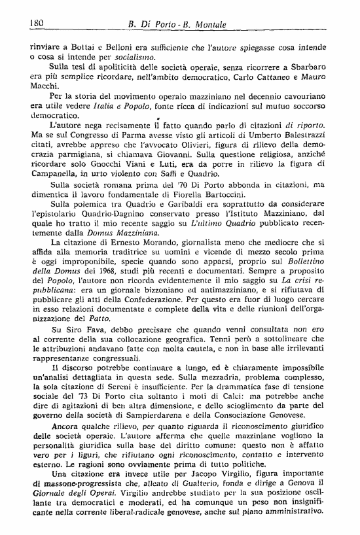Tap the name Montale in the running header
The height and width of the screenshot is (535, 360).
pos(206,24)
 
